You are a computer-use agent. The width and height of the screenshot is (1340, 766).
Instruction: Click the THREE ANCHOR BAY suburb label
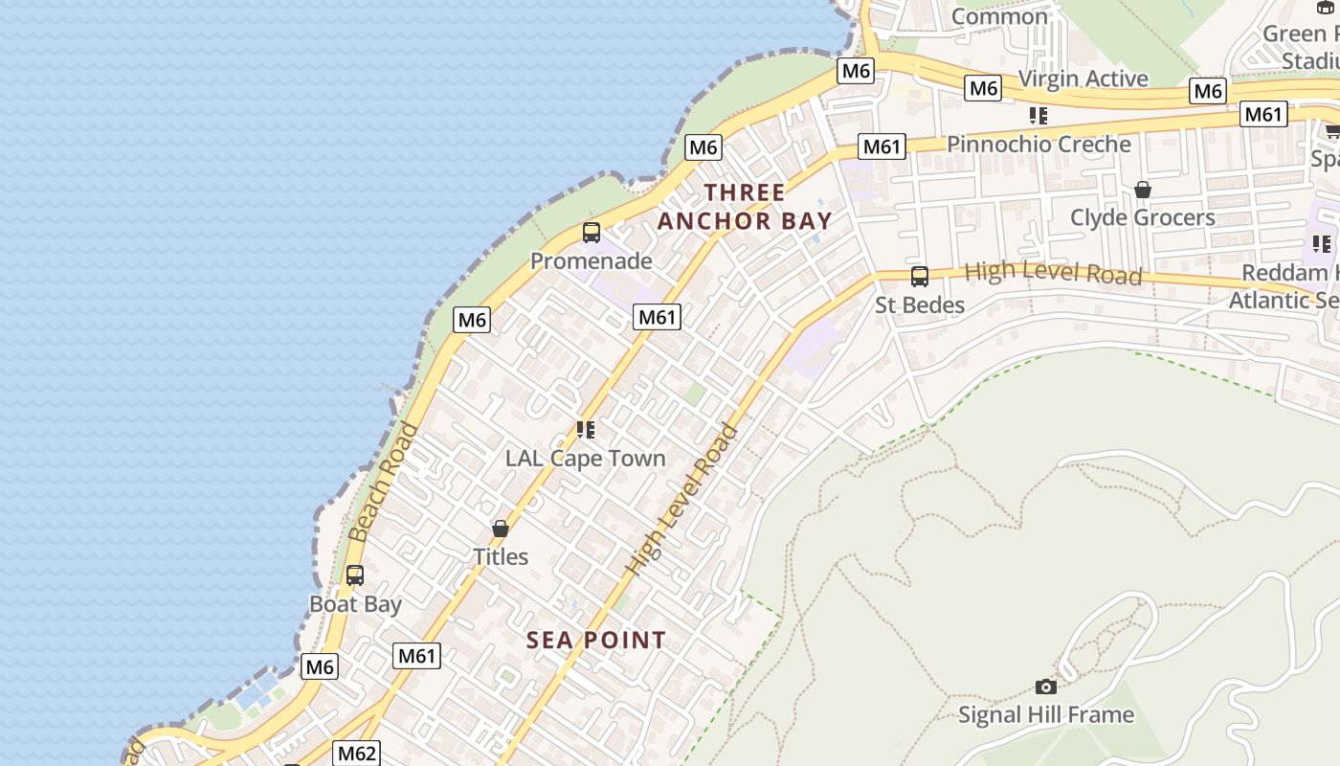[745, 207]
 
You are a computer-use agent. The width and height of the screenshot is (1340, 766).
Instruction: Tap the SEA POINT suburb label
[595, 641]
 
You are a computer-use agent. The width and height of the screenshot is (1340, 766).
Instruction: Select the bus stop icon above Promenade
[592, 233]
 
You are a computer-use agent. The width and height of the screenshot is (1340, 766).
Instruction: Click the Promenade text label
[592, 261]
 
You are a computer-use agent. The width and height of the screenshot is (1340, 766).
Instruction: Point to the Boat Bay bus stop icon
[355, 575]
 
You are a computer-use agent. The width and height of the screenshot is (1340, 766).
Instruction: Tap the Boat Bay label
[355, 604]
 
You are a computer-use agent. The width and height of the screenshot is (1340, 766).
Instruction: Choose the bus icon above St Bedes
[920, 277]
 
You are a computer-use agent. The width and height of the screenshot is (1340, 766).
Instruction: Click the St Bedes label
[920, 305]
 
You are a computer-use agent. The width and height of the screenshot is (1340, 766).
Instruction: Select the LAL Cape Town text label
[585, 459]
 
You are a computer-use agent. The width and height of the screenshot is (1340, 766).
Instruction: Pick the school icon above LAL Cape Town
[585, 430]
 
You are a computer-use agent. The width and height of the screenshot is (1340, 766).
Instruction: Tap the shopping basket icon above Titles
[501, 529]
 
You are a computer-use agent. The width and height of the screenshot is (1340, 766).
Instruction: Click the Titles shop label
[501, 556]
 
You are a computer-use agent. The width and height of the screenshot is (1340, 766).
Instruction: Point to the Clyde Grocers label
[1143, 218]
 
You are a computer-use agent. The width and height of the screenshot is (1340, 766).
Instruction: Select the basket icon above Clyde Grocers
[1143, 190]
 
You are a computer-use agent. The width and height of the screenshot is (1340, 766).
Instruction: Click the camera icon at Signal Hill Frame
[1046, 687]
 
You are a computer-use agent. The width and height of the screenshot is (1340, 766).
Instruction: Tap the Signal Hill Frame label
[1046, 715]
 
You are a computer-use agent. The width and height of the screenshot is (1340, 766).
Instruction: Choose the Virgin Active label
[1083, 79]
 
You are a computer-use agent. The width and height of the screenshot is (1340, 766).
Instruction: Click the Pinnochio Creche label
[1038, 145]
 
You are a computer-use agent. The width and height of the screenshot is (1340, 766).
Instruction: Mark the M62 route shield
[356, 754]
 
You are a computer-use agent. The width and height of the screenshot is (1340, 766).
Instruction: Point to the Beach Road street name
[383, 482]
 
